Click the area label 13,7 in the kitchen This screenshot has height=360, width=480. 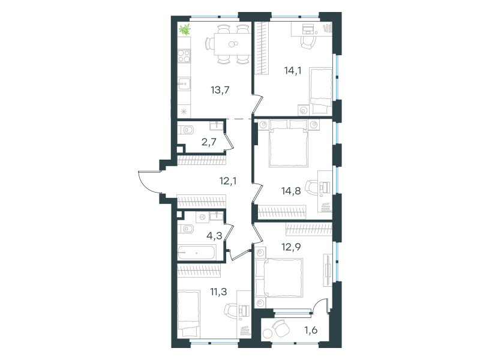point(220,91)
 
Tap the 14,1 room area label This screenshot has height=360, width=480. point(293,71)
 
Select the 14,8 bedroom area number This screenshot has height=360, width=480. point(291,191)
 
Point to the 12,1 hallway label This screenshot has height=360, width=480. point(228,181)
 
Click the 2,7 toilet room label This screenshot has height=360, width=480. point(209,142)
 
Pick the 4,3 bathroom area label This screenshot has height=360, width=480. point(214,236)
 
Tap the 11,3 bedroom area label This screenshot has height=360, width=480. point(218,292)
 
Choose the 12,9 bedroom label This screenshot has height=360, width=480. point(291,247)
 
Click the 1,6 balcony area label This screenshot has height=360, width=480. point(311,330)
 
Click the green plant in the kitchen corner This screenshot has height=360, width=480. point(185,30)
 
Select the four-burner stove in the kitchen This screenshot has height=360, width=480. point(184,56)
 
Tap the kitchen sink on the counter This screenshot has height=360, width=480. point(184,84)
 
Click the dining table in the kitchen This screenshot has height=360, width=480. point(232,44)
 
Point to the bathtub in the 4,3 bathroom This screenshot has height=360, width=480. point(197,253)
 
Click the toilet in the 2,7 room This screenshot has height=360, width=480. point(185,131)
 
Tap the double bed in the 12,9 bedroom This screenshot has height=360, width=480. point(279,278)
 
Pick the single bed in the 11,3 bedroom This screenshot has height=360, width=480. point(188,314)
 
